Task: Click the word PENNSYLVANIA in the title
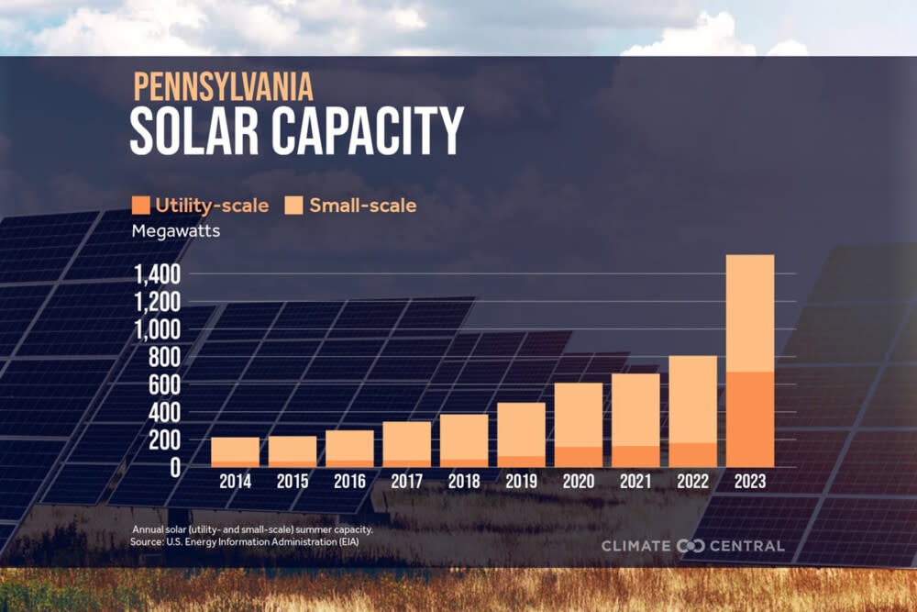pos(223,86)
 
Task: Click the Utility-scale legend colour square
pos(140,205)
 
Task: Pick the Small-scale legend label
pos(363,206)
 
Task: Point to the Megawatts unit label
pos(176,231)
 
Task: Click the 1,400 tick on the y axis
pos(160,274)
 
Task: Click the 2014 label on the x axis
pos(235,481)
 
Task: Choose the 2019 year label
pos(521,481)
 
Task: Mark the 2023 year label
pos(750,481)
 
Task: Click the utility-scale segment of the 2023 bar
pos(750,419)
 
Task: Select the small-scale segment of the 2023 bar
pos(750,313)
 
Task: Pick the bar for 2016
pos(349,449)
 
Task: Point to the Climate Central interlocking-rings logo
pos(690,546)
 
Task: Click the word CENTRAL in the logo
pos(746,546)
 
